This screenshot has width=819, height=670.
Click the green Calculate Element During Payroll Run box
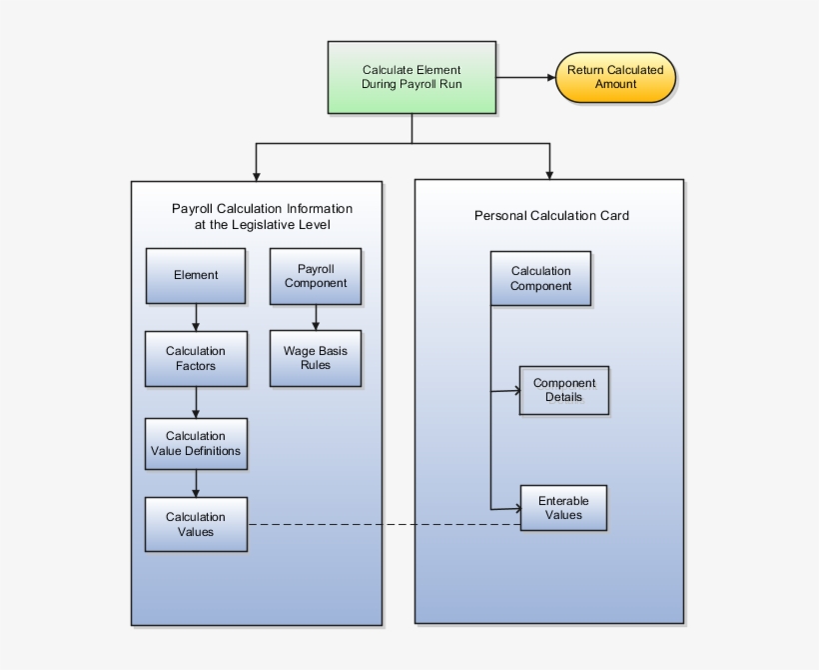[411, 77]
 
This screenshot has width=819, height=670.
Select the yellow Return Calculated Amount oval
[615, 77]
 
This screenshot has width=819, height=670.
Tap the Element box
[196, 275]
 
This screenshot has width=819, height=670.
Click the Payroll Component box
[316, 275]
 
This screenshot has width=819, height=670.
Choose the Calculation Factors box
[196, 358]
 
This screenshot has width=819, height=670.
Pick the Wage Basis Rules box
[316, 358]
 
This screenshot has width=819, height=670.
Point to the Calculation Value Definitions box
[196, 443]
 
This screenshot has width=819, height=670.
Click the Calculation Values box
[196, 524]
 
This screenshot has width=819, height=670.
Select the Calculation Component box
[540, 278]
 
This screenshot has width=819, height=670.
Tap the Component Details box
[563, 390]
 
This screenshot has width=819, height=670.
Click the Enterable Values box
[563, 508]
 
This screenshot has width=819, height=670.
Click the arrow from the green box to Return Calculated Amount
[525, 77]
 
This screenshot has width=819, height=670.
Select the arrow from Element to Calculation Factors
[196, 318]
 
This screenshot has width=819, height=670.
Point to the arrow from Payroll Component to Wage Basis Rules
[316, 317]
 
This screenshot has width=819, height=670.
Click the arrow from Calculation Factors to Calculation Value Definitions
[196, 402]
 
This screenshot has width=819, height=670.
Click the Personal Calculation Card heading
[551, 215]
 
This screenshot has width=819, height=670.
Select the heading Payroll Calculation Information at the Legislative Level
[262, 217]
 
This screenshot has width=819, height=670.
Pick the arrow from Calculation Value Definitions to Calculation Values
[196, 483]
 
